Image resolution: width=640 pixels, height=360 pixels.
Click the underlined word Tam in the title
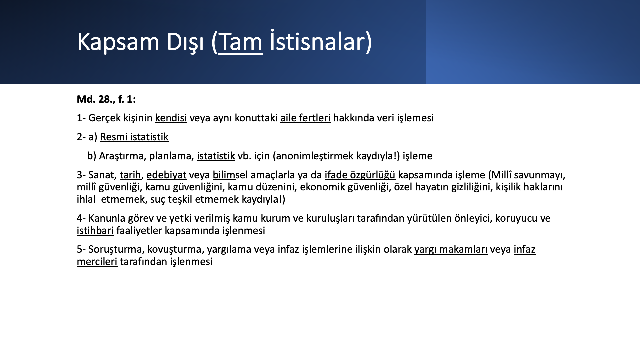point(241,42)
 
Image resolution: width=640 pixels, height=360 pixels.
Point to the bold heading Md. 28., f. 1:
point(106,99)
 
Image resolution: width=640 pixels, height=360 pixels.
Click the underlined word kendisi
point(171,118)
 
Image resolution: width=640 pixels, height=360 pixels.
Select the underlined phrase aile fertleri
point(305,118)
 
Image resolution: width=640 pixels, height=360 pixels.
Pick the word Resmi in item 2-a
point(114,137)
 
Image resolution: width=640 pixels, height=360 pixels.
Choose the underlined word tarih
point(130,175)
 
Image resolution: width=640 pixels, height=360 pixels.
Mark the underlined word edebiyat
point(166,175)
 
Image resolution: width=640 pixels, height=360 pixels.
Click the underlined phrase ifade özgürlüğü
point(360,175)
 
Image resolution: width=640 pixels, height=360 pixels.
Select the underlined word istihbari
point(95,231)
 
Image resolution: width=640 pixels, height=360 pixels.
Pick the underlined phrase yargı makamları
point(451,250)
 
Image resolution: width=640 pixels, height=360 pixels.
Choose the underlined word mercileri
point(97,262)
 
